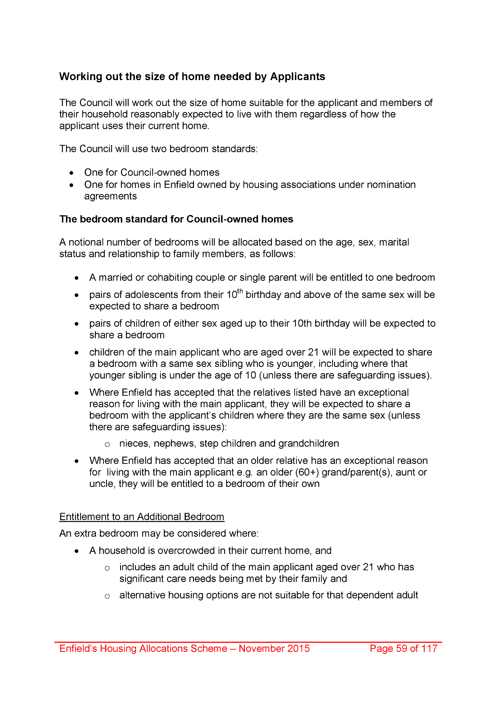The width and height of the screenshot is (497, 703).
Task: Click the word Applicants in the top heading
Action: tap(298, 76)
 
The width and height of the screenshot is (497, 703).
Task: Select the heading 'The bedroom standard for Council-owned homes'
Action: tap(176, 219)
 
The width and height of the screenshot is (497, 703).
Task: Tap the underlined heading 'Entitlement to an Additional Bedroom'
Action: tap(142, 517)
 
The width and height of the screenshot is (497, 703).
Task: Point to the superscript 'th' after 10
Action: tap(240, 292)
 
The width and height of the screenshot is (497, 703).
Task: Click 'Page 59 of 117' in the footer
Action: tap(404, 649)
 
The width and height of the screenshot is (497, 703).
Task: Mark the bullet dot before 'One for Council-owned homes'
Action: tap(72, 173)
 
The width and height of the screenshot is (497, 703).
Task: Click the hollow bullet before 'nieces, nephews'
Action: tap(107, 444)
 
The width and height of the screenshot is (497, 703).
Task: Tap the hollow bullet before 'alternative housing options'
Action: tap(107, 596)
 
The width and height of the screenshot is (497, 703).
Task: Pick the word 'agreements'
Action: tap(110, 196)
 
